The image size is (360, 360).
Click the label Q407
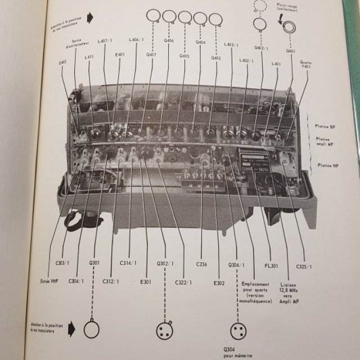click(151, 55)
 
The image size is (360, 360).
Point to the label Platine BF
click(326, 127)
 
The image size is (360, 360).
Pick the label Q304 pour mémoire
click(236, 352)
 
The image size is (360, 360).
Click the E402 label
click(62, 63)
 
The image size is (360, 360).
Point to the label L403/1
click(231, 44)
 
